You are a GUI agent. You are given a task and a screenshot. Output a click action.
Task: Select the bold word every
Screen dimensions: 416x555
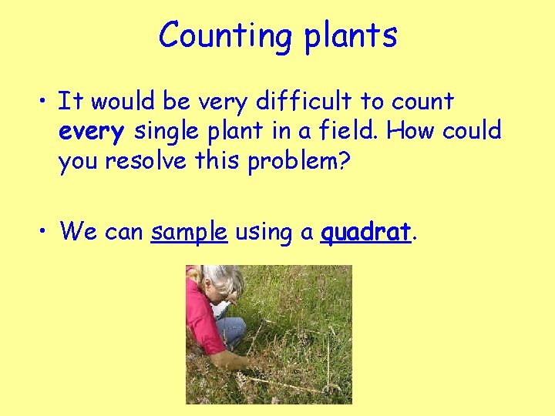click(x=91, y=132)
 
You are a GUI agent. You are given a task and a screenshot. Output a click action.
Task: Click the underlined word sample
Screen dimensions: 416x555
click(x=189, y=230)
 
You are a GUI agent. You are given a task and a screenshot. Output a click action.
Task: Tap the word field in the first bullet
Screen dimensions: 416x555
click(x=351, y=131)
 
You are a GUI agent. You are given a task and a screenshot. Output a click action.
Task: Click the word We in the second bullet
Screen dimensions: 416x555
click(x=76, y=230)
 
